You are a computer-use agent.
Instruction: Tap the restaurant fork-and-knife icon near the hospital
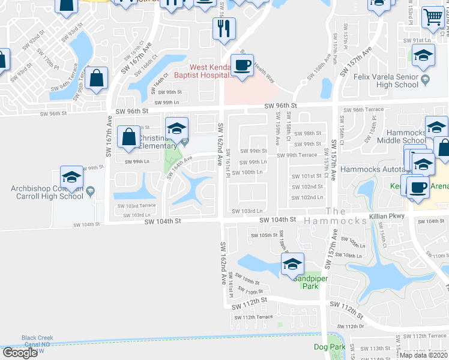[x=224, y=28]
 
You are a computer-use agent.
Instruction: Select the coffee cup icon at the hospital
[x=242, y=65]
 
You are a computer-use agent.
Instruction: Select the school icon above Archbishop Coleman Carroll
[x=71, y=177]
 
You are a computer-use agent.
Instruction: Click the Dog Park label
[x=330, y=347]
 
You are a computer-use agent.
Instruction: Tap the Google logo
[x=20, y=353]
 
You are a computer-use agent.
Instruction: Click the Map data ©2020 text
[x=424, y=355]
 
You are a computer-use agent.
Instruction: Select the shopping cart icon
[x=432, y=19]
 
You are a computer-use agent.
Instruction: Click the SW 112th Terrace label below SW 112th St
[x=253, y=317]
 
